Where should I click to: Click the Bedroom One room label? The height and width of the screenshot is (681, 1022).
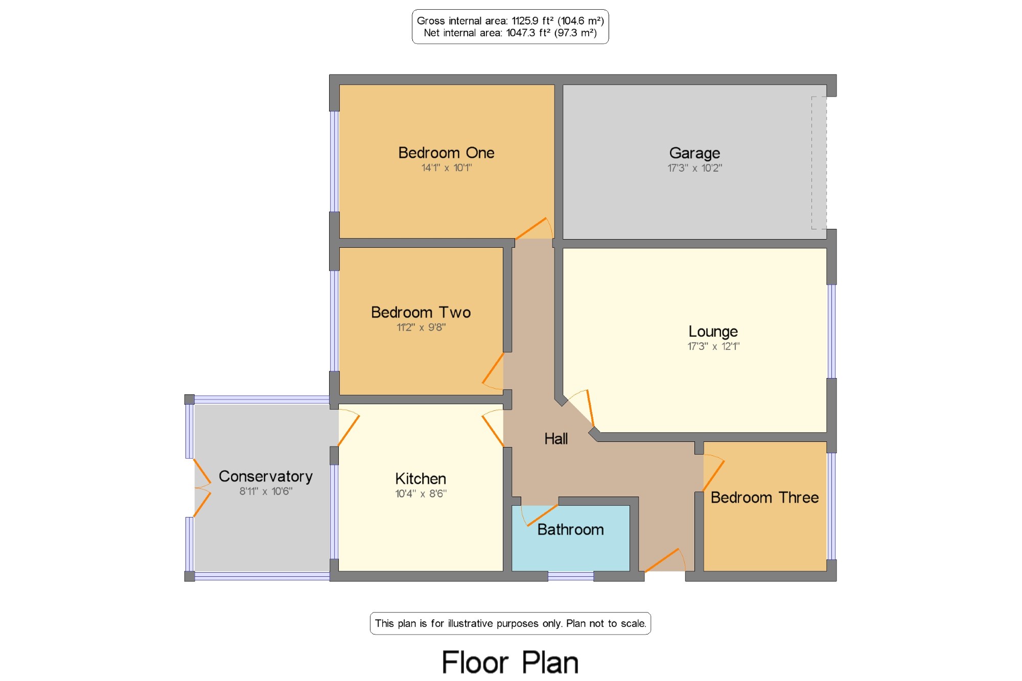[446, 153]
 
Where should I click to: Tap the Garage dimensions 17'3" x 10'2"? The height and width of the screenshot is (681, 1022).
[694, 168]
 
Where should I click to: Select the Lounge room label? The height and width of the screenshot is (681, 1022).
[713, 332]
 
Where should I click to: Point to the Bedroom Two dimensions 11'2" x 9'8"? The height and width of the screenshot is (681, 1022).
[421, 327]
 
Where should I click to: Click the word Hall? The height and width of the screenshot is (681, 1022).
[556, 439]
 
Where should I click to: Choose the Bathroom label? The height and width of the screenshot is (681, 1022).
[570, 530]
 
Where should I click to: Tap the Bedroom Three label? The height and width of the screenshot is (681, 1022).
[764, 498]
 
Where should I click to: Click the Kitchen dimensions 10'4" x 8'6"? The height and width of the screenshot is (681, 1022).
[421, 494]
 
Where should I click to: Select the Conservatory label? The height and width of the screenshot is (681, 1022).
[266, 477]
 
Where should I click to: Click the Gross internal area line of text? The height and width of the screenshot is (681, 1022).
[510, 21]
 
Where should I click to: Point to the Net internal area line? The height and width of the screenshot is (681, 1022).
[510, 33]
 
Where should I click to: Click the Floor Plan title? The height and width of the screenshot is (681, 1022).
[510, 663]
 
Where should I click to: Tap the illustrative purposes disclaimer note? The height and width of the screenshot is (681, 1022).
[510, 623]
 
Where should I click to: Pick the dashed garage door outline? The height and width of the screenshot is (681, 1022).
[819, 163]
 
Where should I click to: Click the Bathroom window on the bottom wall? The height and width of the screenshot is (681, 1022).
[571, 577]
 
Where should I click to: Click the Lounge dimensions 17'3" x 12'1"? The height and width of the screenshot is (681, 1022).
[713, 346]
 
